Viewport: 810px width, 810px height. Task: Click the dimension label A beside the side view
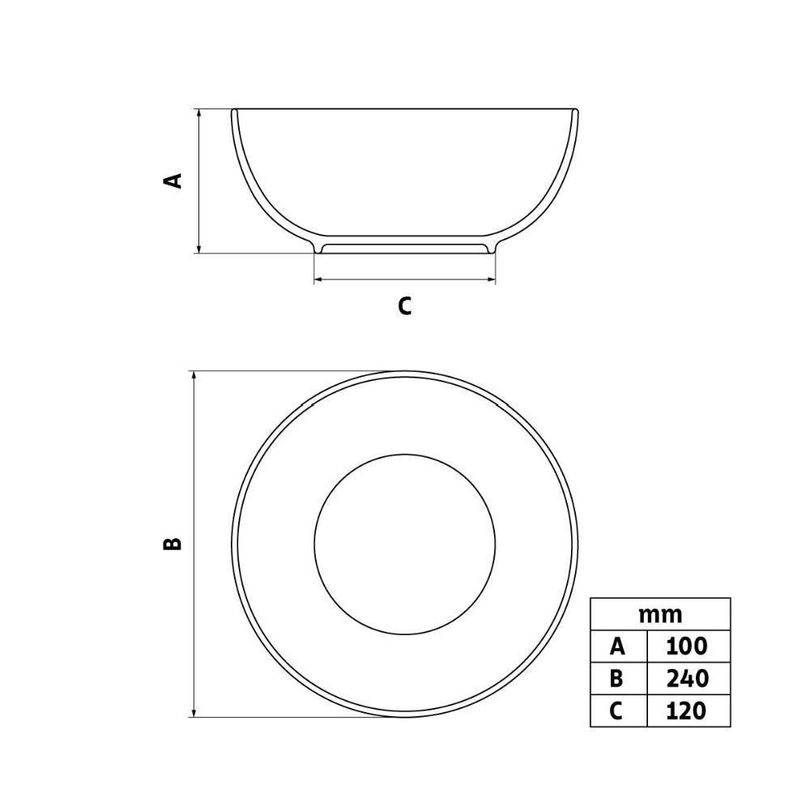[173, 181]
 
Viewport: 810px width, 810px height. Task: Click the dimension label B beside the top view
[173, 544]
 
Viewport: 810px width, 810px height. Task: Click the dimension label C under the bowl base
[404, 306]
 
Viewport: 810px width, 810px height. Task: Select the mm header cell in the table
[660, 614]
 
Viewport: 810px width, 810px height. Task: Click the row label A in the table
[618, 646]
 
